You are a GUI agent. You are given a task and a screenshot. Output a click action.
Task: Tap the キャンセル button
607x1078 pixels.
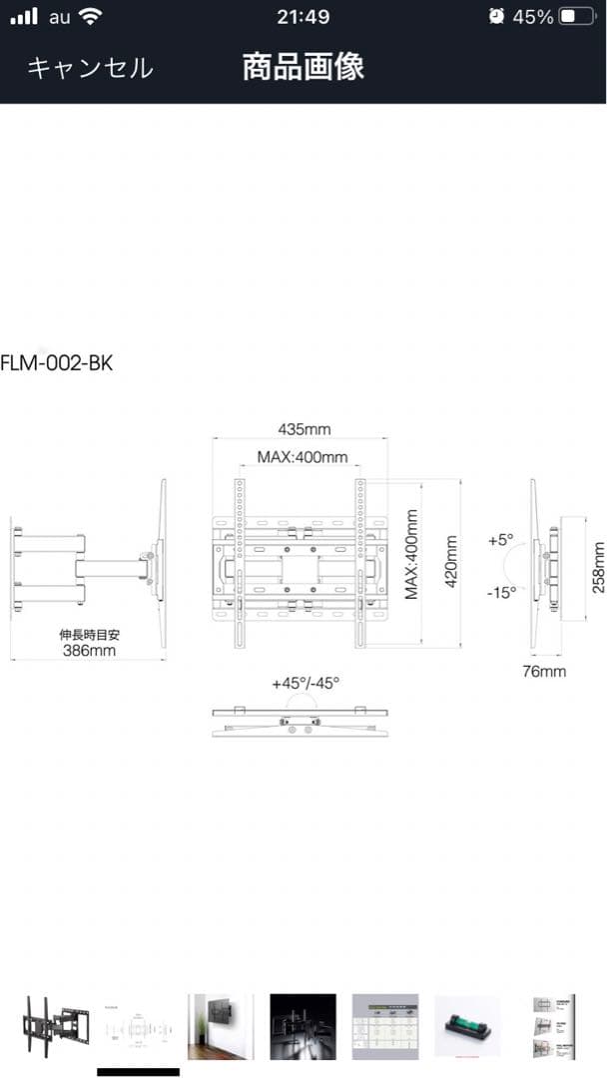tap(90, 68)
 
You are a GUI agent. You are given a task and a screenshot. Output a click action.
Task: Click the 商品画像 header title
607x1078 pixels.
tap(303, 67)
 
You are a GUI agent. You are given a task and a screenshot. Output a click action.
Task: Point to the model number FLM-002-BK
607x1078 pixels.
tap(57, 362)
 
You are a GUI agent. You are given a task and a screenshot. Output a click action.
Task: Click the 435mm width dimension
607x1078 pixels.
tap(303, 429)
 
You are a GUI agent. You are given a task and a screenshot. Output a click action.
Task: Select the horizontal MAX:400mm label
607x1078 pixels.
tap(303, 458)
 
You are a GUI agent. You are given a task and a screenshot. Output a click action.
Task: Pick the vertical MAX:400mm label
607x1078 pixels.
tap(411, 554)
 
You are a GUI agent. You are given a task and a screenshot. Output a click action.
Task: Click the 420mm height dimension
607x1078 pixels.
tap(451, 561)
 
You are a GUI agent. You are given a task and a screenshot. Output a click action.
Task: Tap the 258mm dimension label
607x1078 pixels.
tap(599, 567)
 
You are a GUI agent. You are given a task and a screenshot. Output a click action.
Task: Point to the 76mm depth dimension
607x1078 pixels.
tap(544, 671)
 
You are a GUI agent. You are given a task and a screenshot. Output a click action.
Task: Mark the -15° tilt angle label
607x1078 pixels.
tap(500, 592)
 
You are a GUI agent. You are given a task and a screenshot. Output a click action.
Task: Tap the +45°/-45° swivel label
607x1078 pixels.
tap(305, 684)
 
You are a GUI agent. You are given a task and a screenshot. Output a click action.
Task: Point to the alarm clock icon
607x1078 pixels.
tap(497, 17)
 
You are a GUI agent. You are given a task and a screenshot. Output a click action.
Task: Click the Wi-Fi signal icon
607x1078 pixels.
tap(91, 17)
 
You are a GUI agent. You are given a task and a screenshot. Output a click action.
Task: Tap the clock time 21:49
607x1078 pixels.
tap(303, 17)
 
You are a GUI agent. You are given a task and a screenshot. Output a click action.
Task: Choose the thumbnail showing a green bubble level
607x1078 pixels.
tap(467, 1026)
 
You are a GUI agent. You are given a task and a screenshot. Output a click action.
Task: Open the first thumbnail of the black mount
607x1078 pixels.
tap(55, 1026)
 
